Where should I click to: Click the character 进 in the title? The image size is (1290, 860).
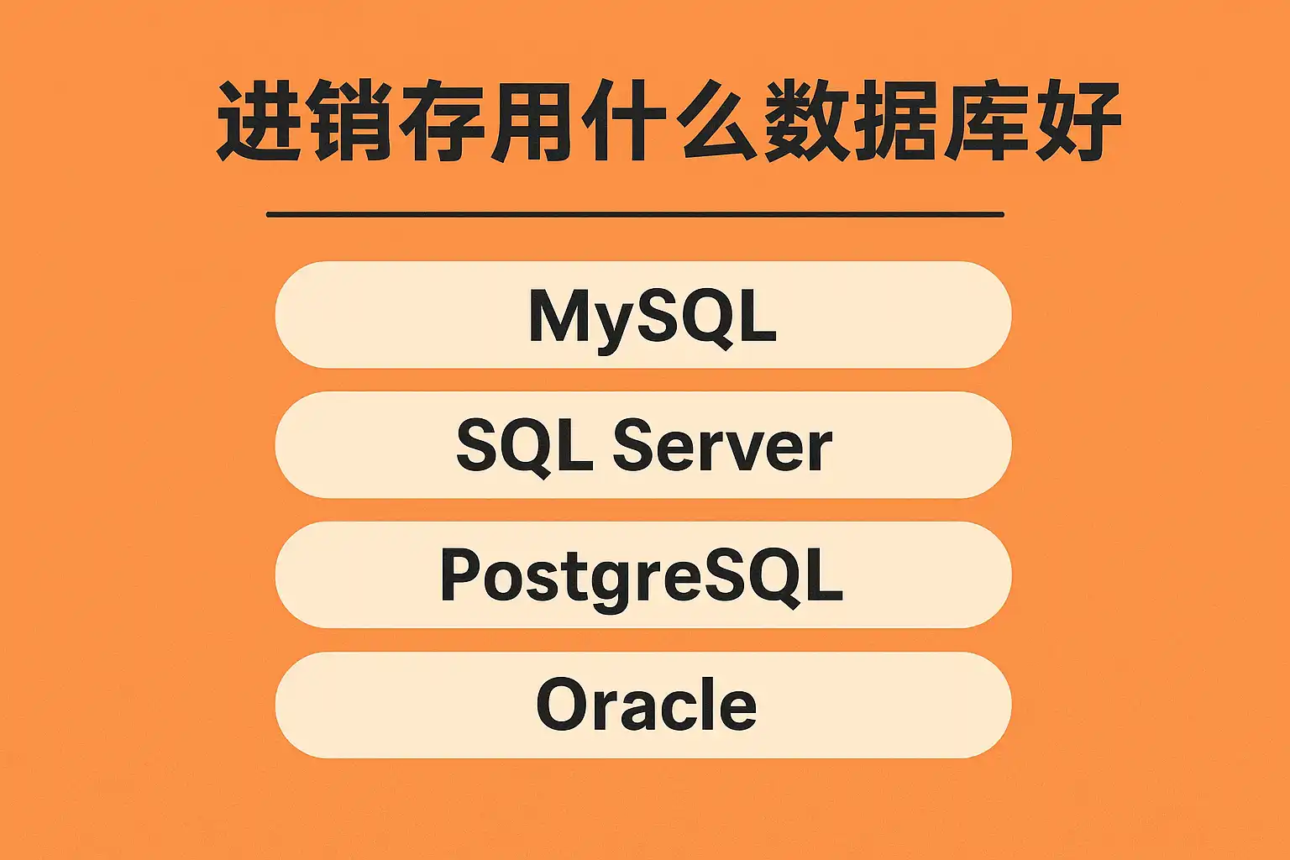tap(259, 120)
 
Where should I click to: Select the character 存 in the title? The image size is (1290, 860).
tap(440, 120)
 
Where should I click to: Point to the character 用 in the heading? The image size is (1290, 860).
tap(531, 120)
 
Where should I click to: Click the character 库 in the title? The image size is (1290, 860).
tap(987, 120)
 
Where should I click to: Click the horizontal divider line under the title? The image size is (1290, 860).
tap(635, 215)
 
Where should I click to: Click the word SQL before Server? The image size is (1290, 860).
tap(525, 447)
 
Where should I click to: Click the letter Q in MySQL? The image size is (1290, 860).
tap(712, 318)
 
